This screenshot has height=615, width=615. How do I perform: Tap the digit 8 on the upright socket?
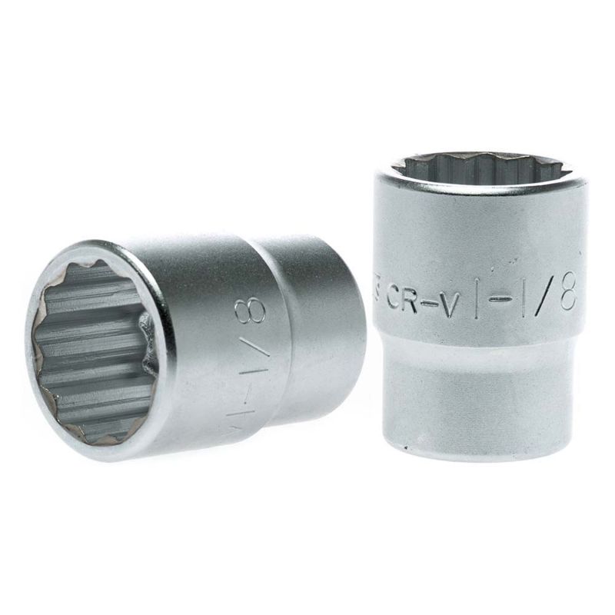tap(567, 294)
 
